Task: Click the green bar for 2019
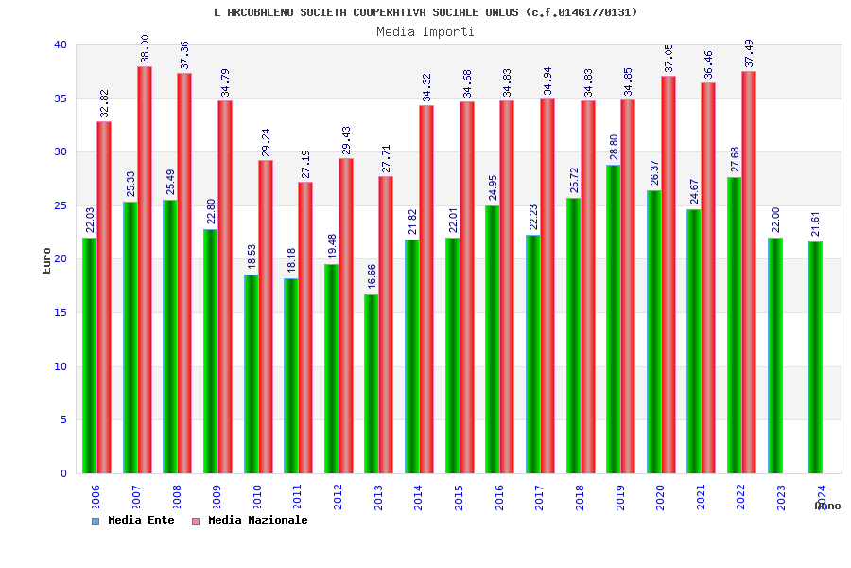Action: [614, 319]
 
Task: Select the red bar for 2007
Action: [145, 270]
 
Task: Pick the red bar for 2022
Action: [749, 272]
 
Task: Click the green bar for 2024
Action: [815, 357]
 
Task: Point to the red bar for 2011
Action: [305, 328]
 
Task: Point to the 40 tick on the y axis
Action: [61, 44]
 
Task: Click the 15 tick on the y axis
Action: [61, 312]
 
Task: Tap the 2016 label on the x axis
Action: [499, 498]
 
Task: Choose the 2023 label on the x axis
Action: [781, 498]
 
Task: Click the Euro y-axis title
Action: [47, 260]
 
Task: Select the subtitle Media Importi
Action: [425, 31]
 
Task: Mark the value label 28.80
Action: [614, 147]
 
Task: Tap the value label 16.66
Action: [372, 276]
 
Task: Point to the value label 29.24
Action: [266, 142]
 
